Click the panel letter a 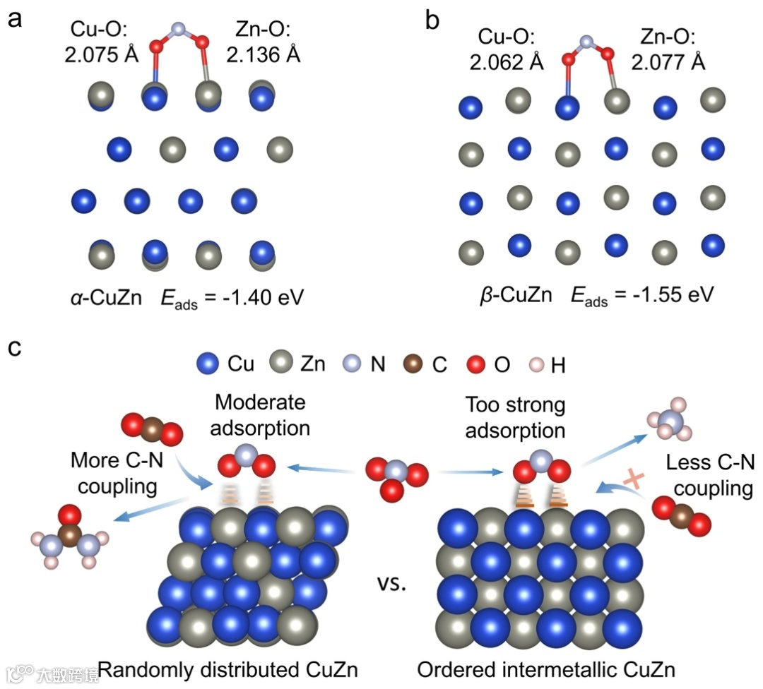15,19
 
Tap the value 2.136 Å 264,54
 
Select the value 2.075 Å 104,54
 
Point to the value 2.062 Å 507,62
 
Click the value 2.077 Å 668,62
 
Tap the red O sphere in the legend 477,364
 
